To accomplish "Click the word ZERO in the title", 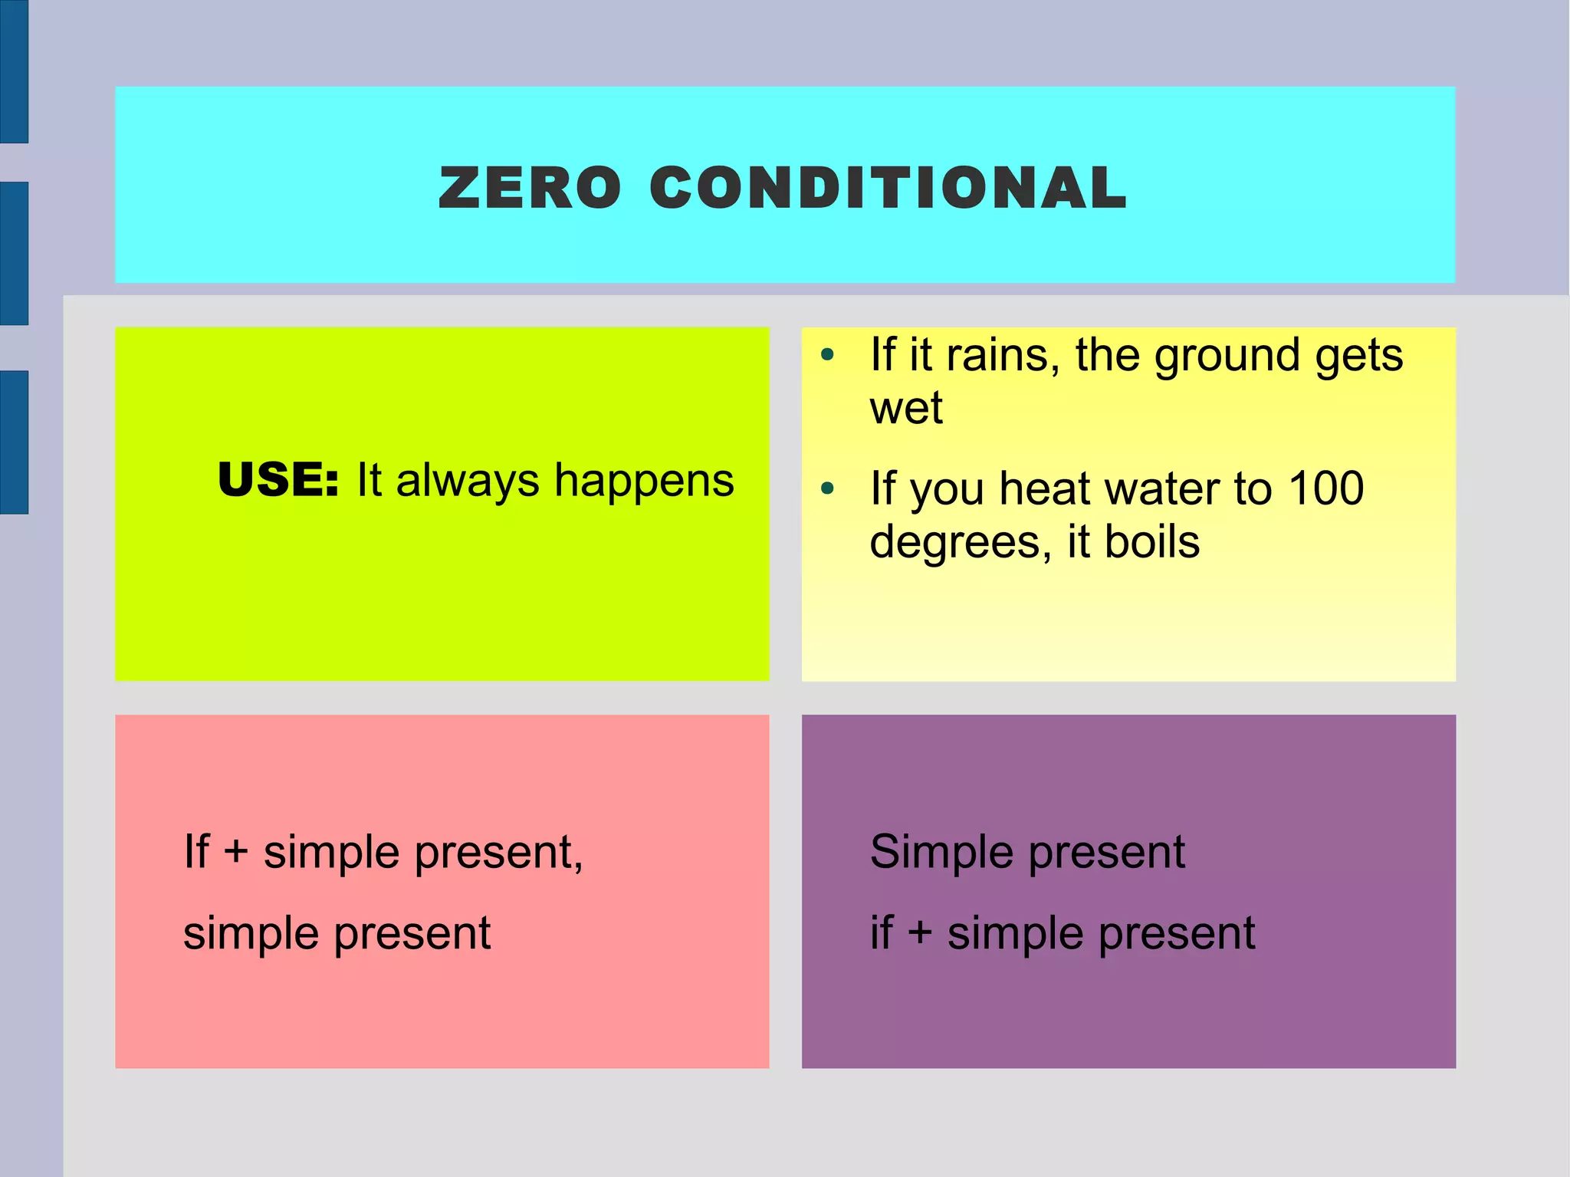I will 529,189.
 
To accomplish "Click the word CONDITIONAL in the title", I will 888,189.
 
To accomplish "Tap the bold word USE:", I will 278,481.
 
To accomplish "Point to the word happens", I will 644,481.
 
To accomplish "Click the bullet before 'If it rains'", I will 826,355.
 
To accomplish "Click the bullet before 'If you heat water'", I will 826,488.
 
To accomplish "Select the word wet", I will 905,408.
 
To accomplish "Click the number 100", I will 1325,488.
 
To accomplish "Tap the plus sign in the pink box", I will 236,853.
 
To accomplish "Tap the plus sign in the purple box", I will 919,934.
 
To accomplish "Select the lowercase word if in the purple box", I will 882,932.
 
